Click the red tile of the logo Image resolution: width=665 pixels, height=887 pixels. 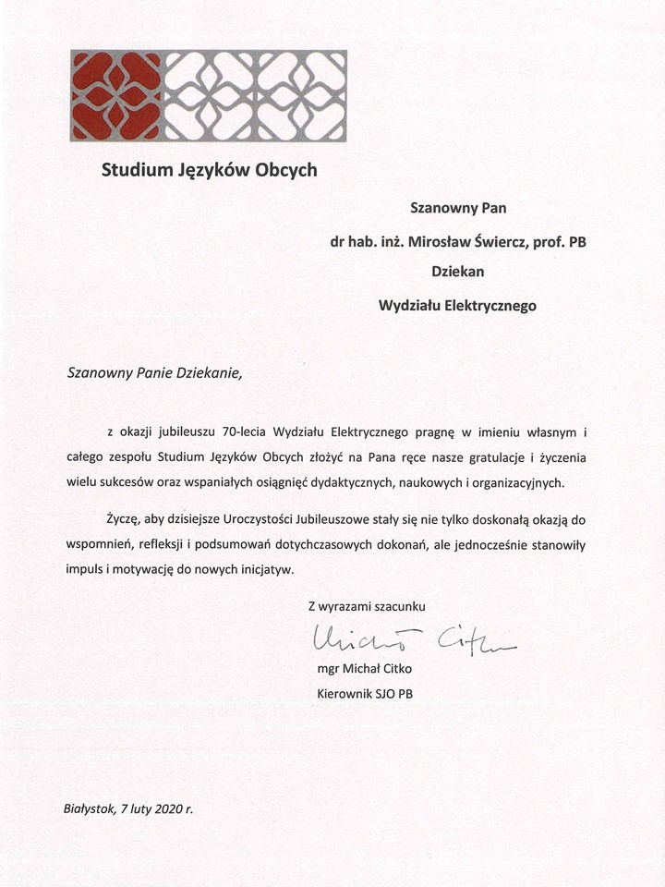[116, 96]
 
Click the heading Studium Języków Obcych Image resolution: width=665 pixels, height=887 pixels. [210, 170]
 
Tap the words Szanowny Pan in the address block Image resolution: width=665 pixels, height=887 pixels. [458, 208]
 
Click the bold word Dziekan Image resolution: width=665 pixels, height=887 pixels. [458, 272]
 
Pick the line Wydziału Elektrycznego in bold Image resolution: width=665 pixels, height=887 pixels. [458, 305]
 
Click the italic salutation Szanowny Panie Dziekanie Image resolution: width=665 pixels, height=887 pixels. [154, 373]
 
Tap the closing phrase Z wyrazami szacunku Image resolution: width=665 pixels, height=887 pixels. [367, 606]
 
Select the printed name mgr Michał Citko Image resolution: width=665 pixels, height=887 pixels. [366, 668]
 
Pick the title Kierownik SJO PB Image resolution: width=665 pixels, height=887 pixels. [366, 693]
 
